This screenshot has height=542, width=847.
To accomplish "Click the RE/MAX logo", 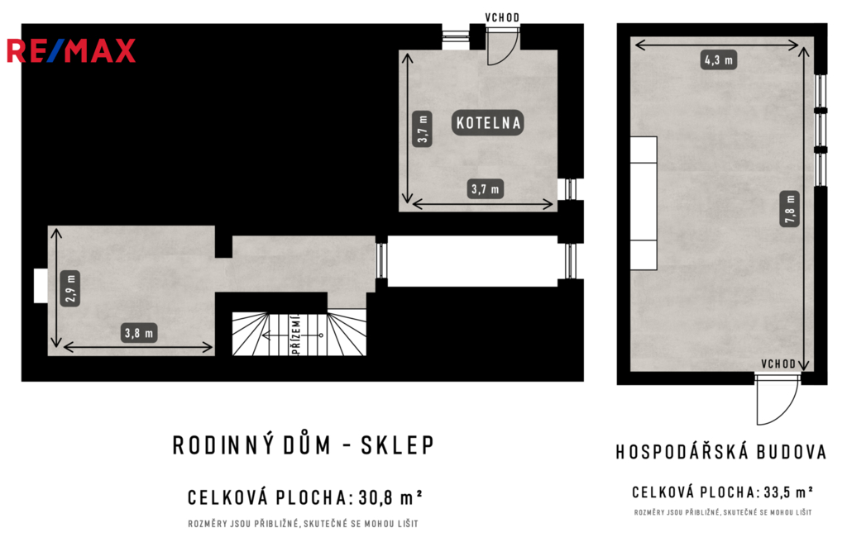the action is click(x=71, y=50).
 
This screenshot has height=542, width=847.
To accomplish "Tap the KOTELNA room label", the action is click(x=488, y=123).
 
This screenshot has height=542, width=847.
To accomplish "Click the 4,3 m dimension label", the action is click(x=718, y=59).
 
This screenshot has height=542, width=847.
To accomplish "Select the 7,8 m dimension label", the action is click(x=790, y=208).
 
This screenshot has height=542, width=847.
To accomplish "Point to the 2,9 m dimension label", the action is click(x=70, y=288).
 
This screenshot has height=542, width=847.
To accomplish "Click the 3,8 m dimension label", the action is click(x=139, y=333).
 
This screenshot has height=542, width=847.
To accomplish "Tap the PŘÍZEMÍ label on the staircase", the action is click(x=296, y=335).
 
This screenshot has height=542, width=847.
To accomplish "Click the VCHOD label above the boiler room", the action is click(x=502, y=17).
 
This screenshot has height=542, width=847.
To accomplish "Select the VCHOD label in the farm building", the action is click(x=778, y=364).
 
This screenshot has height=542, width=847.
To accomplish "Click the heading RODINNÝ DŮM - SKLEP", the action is click(x=304, y=445).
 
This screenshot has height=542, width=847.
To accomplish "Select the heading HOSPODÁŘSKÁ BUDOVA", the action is click(x=721, y=452).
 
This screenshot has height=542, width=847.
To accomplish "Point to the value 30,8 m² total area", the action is click(x=390, y=497).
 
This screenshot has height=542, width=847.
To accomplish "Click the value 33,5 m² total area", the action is click(x=788, y=492).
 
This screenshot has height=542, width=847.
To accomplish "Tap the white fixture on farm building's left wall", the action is click(x=644, y=203).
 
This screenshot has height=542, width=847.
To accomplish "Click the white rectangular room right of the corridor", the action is click(x=472, y=261).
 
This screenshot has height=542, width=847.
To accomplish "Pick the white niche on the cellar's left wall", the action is click(x=41, y=286).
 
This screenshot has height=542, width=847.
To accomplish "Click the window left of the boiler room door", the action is click(x=456, y=37).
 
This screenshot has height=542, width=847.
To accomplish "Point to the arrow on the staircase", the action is click(x=292, y=335).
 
